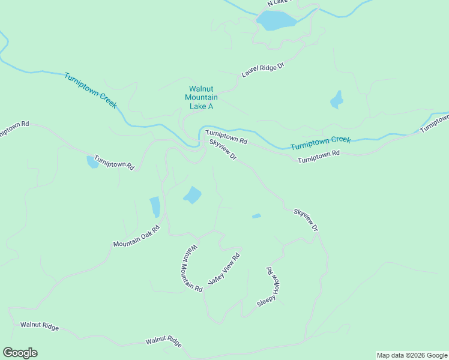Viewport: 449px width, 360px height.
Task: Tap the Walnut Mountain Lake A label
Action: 201,97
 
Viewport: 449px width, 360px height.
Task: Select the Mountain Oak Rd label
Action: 137,236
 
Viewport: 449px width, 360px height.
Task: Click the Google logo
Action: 20,353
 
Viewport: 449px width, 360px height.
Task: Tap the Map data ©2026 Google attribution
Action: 412,355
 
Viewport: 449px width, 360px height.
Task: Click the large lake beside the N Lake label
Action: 276,20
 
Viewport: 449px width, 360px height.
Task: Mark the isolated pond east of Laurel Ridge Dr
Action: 337,100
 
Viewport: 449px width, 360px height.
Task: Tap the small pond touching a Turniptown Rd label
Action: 92,162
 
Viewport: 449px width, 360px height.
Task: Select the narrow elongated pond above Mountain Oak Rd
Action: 155,207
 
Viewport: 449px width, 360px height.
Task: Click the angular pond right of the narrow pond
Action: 193,195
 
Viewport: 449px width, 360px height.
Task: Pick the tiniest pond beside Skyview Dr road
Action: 256,216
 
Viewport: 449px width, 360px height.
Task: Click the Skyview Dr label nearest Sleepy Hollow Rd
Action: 305,220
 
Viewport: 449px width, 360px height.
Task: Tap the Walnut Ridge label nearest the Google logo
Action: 40,326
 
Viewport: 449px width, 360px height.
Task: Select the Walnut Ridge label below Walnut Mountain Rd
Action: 163,341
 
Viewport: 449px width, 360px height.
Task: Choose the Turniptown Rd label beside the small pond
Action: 114,164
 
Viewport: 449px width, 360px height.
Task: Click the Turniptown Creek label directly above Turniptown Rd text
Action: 320,143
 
